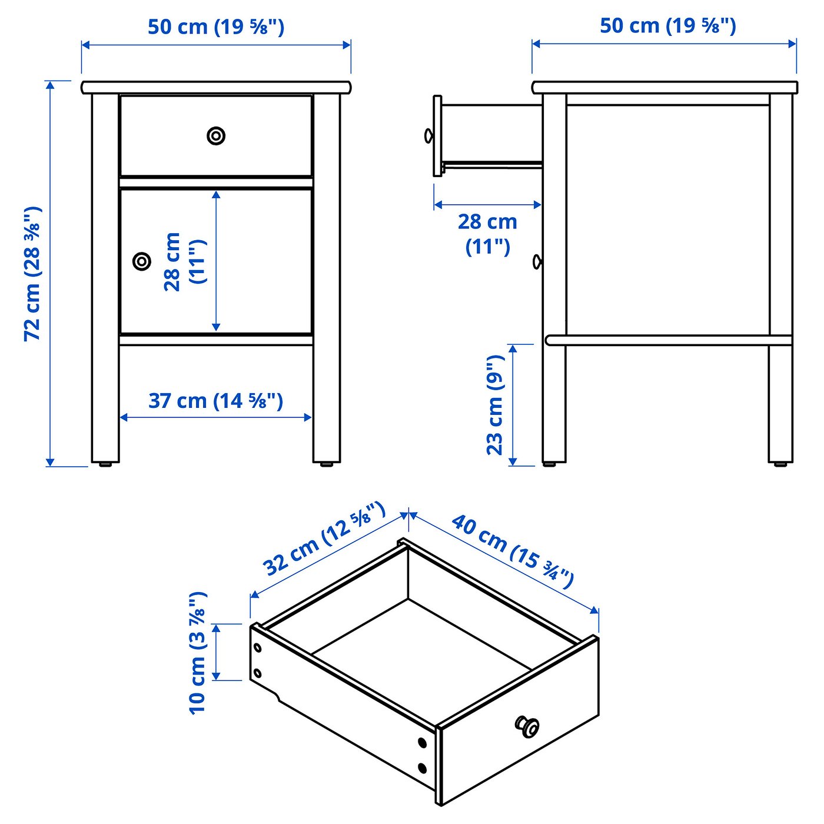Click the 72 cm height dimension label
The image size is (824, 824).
32,274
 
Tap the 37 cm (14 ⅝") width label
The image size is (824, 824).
215,401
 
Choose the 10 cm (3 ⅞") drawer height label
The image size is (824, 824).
198,653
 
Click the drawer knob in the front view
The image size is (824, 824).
216,136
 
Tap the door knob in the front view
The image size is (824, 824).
141,261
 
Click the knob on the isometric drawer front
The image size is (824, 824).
527,726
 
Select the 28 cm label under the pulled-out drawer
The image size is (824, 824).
487,234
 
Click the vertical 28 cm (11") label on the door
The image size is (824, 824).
185,262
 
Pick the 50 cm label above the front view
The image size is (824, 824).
216,27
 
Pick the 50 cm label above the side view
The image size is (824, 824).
667,26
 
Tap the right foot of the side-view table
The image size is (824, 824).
780,463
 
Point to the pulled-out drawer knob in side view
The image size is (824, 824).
428,136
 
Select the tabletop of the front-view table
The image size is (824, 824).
216,88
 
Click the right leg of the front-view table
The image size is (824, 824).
327,278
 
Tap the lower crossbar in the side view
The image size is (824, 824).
669,340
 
